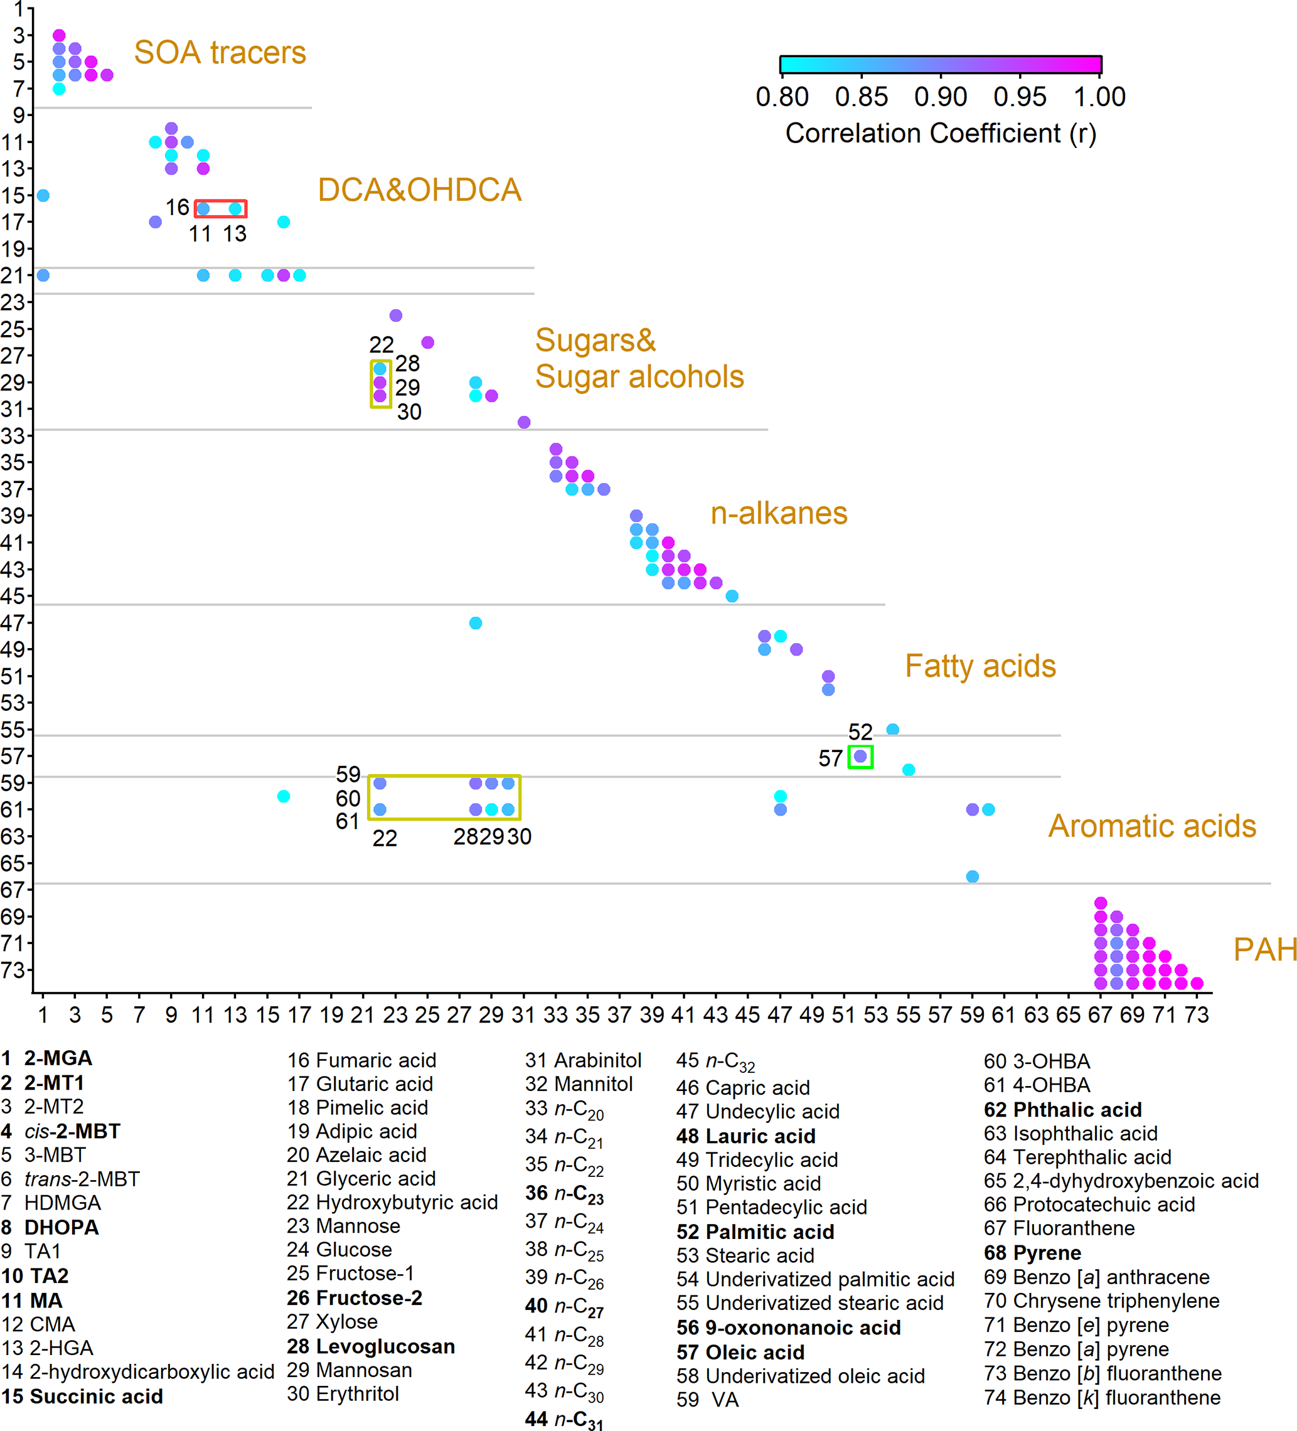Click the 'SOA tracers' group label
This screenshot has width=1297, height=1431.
tap(220, 53)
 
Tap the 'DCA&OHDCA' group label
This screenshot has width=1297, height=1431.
tap(420, 190)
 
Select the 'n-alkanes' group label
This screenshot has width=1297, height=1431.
tap(779, 513)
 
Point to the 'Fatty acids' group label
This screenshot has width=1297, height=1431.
tap(979, 666)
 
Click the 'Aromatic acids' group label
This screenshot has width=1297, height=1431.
tap(1151, 826)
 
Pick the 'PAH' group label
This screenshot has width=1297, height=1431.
tap(1264, 950)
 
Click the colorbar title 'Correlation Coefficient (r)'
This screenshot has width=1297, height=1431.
tap(940, 134)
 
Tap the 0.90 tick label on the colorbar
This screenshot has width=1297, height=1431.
tap(940, 97)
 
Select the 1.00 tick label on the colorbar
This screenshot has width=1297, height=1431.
tap(1099, 97)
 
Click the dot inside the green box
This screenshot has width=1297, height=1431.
tap(860, 757)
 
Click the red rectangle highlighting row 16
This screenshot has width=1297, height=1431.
tap(220, 209)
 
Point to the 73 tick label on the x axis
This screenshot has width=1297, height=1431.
tap(1196, 1015)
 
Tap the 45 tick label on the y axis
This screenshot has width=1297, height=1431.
tap(13, 596)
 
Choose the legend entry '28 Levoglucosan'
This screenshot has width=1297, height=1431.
tap(371, 1346)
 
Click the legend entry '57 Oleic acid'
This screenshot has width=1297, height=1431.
tap(740, 1352)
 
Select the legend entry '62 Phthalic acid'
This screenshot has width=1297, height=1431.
tap(1062, 1109)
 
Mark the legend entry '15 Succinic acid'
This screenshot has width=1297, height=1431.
tap(82, 1396)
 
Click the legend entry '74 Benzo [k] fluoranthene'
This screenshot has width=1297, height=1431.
tap(1102, 1398)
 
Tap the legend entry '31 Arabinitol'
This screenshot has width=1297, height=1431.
tap(583, 1060)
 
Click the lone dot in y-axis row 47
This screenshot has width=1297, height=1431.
tap(476, 623)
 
